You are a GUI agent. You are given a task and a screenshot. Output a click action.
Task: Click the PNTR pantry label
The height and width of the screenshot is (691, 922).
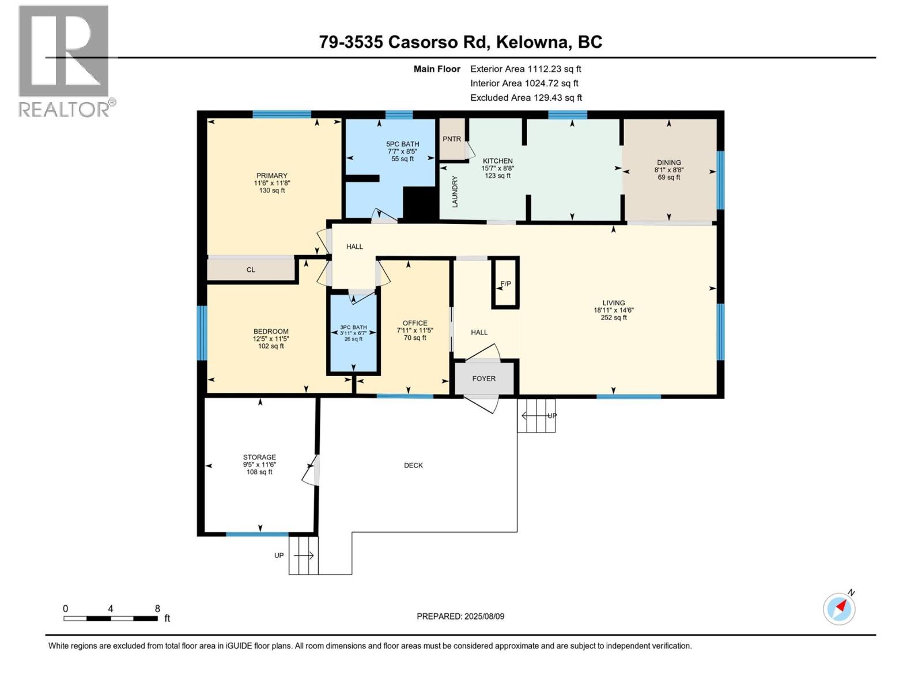(452, 139)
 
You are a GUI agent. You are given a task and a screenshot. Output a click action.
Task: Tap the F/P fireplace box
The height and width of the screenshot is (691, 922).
(505, 283)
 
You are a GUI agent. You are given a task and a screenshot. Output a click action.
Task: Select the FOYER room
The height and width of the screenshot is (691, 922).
(484, 378)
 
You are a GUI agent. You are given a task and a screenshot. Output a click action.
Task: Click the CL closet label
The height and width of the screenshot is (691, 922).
(251, 269)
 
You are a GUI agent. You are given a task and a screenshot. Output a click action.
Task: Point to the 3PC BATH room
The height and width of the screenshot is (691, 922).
(353, 333)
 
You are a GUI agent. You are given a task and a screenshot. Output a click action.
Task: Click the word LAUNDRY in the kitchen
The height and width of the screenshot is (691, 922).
(455, 192)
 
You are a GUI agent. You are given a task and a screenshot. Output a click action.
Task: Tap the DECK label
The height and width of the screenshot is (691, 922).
(413, 465)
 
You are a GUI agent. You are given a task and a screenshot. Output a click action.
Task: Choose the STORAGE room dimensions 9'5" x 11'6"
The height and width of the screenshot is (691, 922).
(259, 465)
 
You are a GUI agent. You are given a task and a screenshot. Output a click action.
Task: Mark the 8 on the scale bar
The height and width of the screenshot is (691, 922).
(157, 609)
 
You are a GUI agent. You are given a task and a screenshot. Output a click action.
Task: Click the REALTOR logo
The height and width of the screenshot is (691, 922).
(64, 60)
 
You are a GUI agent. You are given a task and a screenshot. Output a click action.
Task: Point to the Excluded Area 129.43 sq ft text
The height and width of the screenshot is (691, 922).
(526, 97)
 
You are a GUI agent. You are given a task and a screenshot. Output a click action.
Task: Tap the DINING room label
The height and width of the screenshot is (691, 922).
(668, 162)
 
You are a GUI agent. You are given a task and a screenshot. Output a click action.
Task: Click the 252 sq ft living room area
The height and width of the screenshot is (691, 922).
(614, 317)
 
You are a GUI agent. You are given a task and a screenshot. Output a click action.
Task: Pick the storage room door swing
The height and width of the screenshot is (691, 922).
(311, 471)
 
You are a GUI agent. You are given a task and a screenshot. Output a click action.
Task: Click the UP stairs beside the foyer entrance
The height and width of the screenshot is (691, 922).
(536, 416)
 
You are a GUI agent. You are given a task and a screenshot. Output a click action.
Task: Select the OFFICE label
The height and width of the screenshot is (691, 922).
(415, 323)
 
